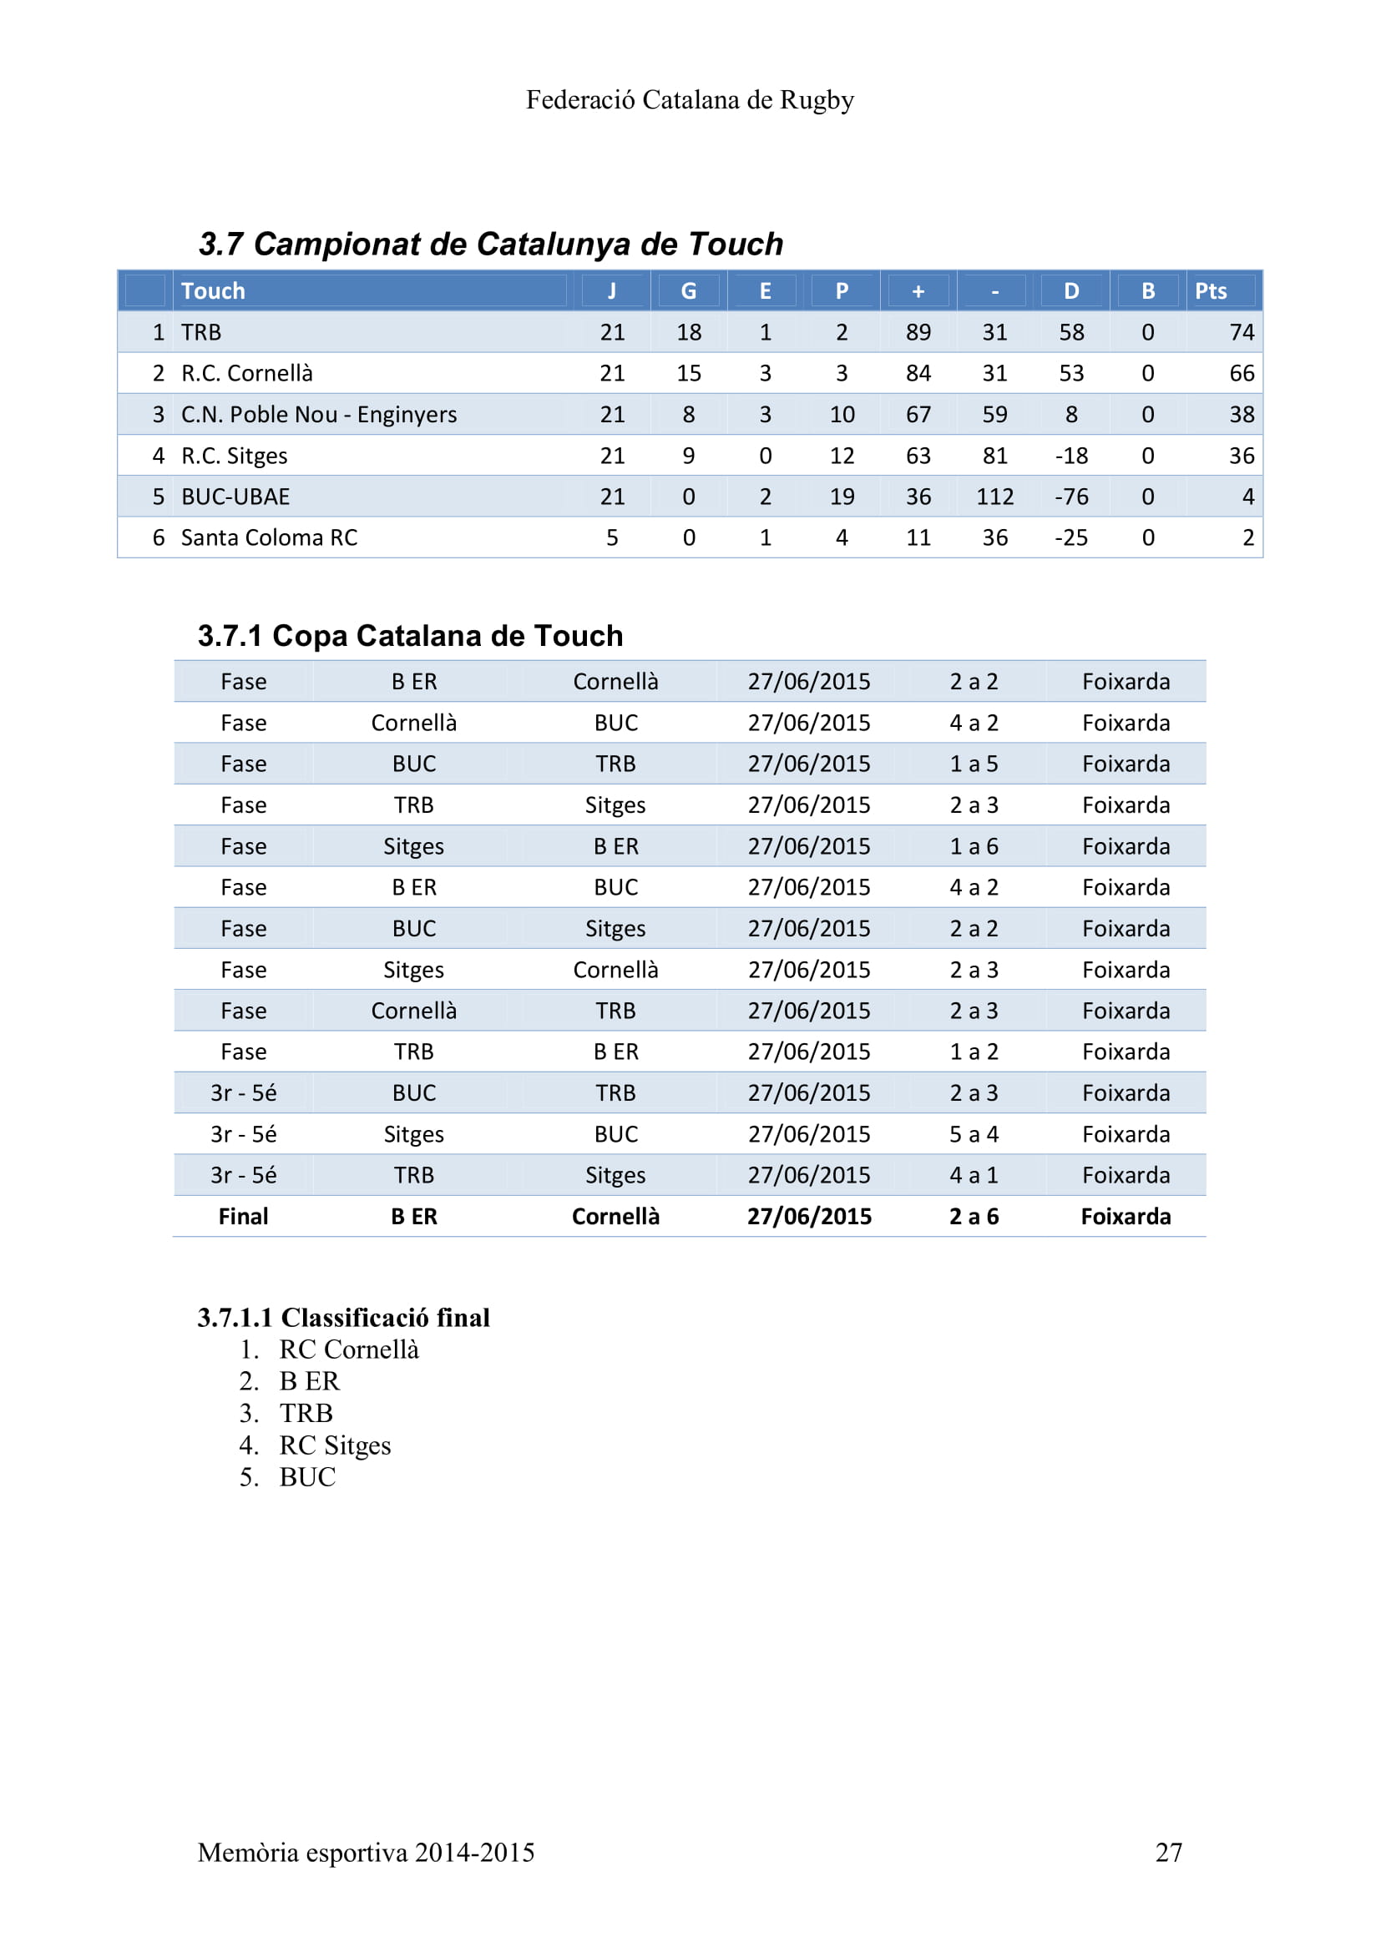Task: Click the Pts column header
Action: [x=1210, y=290]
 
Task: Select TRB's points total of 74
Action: [x=1241, y=332]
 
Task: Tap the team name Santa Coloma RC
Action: [x=269, y=537]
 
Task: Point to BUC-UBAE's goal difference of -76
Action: [x=1070, y=497]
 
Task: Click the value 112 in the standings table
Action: [x=994, y=497]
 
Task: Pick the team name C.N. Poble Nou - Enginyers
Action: [x=318, y=414]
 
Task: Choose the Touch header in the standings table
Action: [x=213, y=290]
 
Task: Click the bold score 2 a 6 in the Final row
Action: [x=974, y=1217]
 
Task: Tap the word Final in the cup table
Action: [x=243, y=1217]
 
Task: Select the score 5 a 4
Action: [x=974, y=1134]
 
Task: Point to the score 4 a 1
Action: [x=974, y=1175]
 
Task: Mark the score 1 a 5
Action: [x=974, y=764]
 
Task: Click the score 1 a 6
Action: [x=974, y=846]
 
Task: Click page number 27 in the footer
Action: [x=1168, y=1852]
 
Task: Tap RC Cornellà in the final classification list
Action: [x=349, y=1349]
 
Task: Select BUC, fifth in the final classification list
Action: [x=307, y=1477]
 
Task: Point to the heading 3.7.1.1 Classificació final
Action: [x=343, y=1317]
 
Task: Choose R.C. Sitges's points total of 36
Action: [x=1241, y=456]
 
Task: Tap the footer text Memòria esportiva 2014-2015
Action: [x=366, y=1852]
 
